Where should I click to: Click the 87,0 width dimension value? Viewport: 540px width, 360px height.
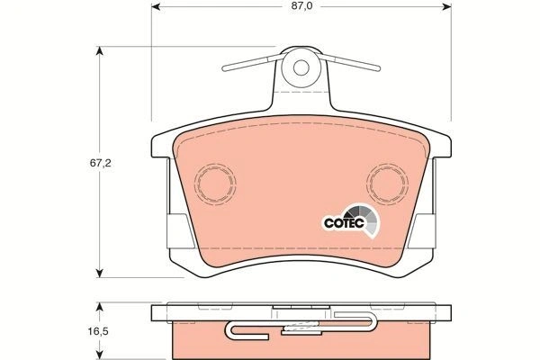[301, 6]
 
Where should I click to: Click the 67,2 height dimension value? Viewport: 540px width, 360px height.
[100, 163]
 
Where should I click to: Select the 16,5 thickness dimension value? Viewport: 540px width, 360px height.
[98, 331]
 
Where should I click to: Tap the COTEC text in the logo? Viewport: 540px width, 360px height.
[344, 223]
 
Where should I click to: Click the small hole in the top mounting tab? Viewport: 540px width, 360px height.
[301, 67]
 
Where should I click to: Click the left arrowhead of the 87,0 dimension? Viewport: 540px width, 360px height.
[156, 6]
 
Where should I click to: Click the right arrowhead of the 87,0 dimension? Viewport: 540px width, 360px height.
[446, 6]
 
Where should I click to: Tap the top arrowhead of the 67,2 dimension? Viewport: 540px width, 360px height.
[100, 50]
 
